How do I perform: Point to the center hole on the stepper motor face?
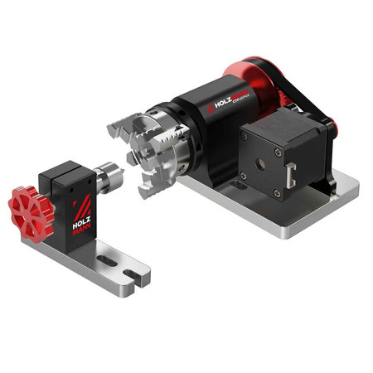(x=262, y=162)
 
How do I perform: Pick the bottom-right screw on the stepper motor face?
(x=277, y=192)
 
